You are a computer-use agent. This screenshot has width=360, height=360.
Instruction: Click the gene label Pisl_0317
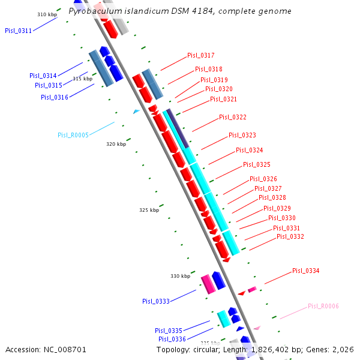[x=200, y=55]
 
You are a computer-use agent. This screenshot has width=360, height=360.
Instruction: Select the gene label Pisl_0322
[x=232, y=117]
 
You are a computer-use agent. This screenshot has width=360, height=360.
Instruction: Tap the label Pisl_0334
[x=305, y=271]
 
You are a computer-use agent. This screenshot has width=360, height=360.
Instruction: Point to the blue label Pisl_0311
[x=18, y=31]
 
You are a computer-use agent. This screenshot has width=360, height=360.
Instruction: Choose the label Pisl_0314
[x=43, y=76]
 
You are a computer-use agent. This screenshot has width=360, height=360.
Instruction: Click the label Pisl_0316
[x=54, y=97]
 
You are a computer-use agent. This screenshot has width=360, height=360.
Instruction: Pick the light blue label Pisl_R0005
[x=73, y=135]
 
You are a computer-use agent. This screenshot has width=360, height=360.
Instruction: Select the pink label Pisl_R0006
[x=323, y=306]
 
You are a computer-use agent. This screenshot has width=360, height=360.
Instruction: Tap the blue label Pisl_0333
[x=155, y=301]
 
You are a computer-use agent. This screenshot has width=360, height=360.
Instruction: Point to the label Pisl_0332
[x=290, y=236]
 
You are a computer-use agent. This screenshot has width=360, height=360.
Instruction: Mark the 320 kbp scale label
[x=116, y=144]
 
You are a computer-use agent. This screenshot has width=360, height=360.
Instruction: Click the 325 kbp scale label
[x=149, y=210]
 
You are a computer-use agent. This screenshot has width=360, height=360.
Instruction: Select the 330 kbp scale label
[x=180, y=276]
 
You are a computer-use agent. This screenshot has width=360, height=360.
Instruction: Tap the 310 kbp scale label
[x=47, y=14]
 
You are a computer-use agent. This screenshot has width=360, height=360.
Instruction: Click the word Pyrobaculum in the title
[x=93, y=11]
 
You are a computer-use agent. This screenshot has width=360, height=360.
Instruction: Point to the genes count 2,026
[x=342, y=349]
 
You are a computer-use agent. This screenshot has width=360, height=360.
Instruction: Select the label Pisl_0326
[x=263, y=179]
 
